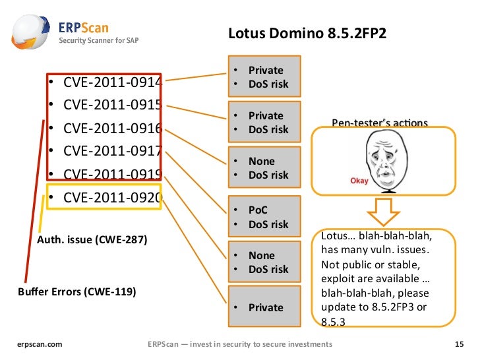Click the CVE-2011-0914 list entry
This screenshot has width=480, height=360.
tap(112, 82)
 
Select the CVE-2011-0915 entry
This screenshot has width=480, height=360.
tap(112, 105)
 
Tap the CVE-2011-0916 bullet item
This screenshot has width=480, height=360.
tap(112, 128)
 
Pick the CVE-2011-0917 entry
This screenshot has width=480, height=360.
tap(112, 150)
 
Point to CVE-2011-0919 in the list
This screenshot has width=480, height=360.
tap(112, 173)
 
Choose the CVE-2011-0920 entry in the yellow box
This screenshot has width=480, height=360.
tap(112, 196)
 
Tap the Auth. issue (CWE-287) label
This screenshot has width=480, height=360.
tap(92, 239)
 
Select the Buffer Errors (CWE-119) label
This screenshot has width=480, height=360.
tap(76, 291)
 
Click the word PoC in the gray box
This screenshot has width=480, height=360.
tap(258, 210)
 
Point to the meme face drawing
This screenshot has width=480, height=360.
tap(384, 158)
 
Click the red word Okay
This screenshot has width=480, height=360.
tap(359, 179)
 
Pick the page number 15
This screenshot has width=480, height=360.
tap(460, 344)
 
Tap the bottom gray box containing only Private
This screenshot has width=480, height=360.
tap(264, 307)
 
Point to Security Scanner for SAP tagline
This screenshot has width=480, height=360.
tap(99, 40)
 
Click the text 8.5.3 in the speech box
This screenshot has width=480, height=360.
tap(333, 322)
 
